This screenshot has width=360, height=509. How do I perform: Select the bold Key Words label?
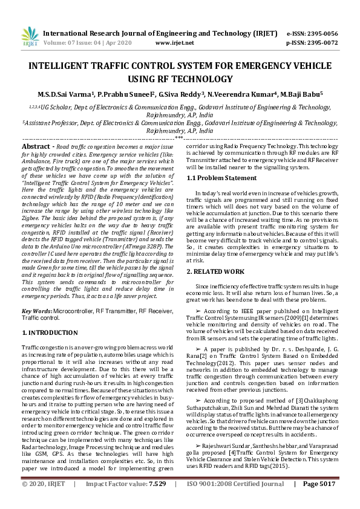36,310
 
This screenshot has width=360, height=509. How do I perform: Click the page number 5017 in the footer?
327,501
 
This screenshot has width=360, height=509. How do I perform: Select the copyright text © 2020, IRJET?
44,501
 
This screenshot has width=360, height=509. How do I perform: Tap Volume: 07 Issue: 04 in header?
77,44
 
